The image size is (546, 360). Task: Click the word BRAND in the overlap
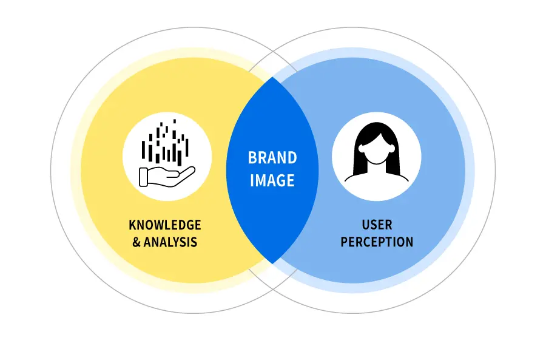(272, 158)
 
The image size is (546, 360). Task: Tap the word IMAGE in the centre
(272, 181)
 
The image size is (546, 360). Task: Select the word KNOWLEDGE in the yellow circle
(165, 225)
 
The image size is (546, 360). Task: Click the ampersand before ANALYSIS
(136, 242)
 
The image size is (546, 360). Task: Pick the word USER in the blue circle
(377, 225)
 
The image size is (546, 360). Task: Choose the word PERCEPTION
(377, 242)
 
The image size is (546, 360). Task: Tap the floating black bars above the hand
(166, 143)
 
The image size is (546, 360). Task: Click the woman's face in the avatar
(377, 149)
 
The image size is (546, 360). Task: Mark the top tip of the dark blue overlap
(272, 78)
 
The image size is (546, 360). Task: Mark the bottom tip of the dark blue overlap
(272, 263)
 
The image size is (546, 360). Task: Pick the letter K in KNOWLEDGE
(132, 225)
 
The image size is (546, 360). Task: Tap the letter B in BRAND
(252, 158)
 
